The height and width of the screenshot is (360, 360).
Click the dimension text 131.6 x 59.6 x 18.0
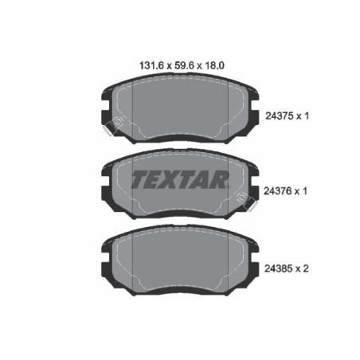[x=178, y=68]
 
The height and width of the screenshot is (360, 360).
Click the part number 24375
[x=276, y=116]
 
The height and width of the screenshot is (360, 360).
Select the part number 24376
[x=276, y=192]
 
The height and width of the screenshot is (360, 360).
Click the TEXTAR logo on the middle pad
[x=179, y=179]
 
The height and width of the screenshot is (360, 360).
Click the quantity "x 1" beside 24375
[x=302, y=116]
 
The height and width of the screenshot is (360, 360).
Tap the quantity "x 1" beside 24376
[x=302, y=192]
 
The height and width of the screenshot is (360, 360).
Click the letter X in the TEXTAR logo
[x=162, y=179]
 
